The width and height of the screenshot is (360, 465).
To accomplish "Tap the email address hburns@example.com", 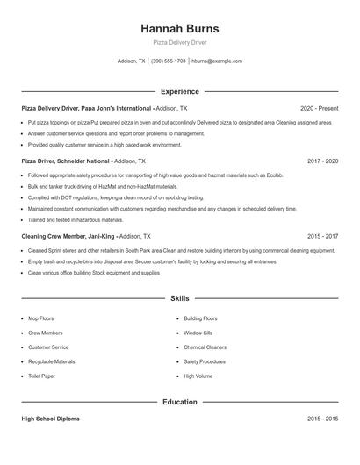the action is tap(216, 61).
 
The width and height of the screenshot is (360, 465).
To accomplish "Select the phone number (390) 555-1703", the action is tap(168, 61).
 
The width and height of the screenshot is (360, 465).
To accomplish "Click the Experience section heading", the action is tap(179, 91).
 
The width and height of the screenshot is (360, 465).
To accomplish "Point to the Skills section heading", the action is tap(179, 298).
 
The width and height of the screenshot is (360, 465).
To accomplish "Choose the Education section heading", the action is tap(179, 402).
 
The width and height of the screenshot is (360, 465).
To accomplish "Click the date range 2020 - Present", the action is tap(319, 108).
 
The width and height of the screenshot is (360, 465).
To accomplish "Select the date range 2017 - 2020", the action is tap(322, 161).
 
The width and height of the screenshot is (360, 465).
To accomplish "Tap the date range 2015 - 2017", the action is tap(322, 236).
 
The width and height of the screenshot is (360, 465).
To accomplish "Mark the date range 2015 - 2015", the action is tap(322, 419).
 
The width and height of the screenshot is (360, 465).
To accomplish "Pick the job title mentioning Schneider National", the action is tap(66, 161).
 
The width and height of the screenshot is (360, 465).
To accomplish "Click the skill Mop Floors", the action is tap(42, 318).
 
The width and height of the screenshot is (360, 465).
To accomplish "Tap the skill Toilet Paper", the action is tap(42, 376).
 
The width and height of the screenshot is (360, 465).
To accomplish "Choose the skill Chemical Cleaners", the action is tap(205, 347).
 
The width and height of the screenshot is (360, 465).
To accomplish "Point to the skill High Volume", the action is tap(198, 376).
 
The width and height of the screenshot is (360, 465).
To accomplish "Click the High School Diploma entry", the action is tap(50, 419).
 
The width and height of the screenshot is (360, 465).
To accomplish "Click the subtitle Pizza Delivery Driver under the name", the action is tap(179, 42).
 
